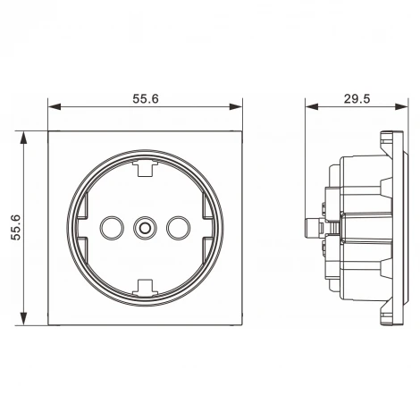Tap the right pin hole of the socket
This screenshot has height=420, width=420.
[177, 228]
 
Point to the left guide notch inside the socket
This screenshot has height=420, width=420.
[83, 228]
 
